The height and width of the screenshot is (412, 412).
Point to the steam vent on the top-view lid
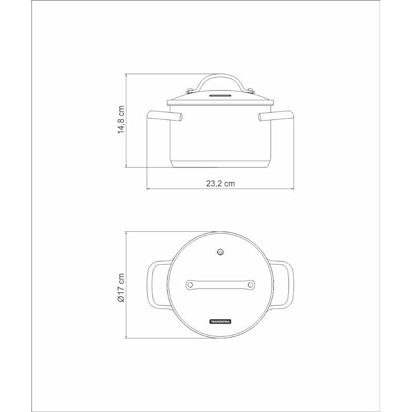pyautogui.click(x=221, y=252)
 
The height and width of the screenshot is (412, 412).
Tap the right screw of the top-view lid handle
pyautogui.click(x=251, y=284)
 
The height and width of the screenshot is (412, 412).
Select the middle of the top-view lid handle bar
pyautogui.click(x=221, y=284)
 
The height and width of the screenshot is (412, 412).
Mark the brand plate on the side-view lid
pyautogui.click(x=221, y=95)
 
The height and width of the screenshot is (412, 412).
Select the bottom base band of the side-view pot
pyautogui.click(x=221, y=164)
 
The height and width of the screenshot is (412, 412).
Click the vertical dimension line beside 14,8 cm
pyautogui.click(x=127, y=144)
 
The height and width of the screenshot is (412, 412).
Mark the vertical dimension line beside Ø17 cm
pyautogui.click(x=127, y=314)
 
